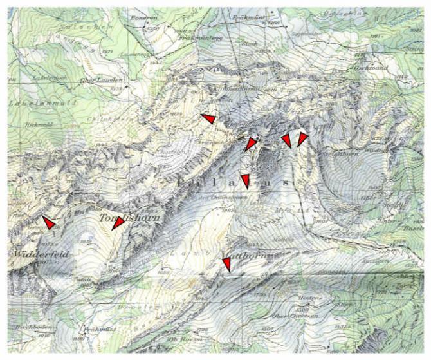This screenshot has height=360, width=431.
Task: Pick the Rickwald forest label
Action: tap(36, 124)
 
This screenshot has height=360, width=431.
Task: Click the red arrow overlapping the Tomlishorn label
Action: tap(117, 223)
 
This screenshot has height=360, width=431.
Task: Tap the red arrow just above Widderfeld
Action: tap(48, 221)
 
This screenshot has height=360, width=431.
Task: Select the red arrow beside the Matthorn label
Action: tap(226, 264)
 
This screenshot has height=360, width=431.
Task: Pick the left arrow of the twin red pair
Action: tap(286, 140)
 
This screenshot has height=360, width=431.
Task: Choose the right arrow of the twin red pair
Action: tap(302, 139)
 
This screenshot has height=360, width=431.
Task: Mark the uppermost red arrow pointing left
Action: tap(208, 119)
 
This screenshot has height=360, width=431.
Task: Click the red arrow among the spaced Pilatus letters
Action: tap(244, 180)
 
